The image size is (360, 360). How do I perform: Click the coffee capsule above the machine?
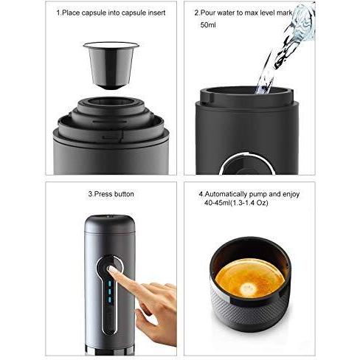(111, 65)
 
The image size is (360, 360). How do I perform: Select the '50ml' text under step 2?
(208, 25)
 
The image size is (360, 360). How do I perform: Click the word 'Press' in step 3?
(103, 194)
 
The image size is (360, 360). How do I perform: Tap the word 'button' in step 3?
(124, 194)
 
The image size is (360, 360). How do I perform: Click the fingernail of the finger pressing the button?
(111, 269)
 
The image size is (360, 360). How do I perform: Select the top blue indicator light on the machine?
(110, 284)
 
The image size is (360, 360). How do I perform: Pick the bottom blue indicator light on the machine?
(110, 300)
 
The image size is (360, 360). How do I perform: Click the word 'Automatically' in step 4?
(226, 194)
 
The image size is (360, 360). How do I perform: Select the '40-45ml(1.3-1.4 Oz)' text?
(236, 203)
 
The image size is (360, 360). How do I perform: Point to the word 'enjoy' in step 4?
(291, 195)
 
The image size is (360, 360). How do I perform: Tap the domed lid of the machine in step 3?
(110, 224)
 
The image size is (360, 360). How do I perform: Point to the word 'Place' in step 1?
(71, 13)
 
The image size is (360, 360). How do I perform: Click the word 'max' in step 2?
(252, 13)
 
